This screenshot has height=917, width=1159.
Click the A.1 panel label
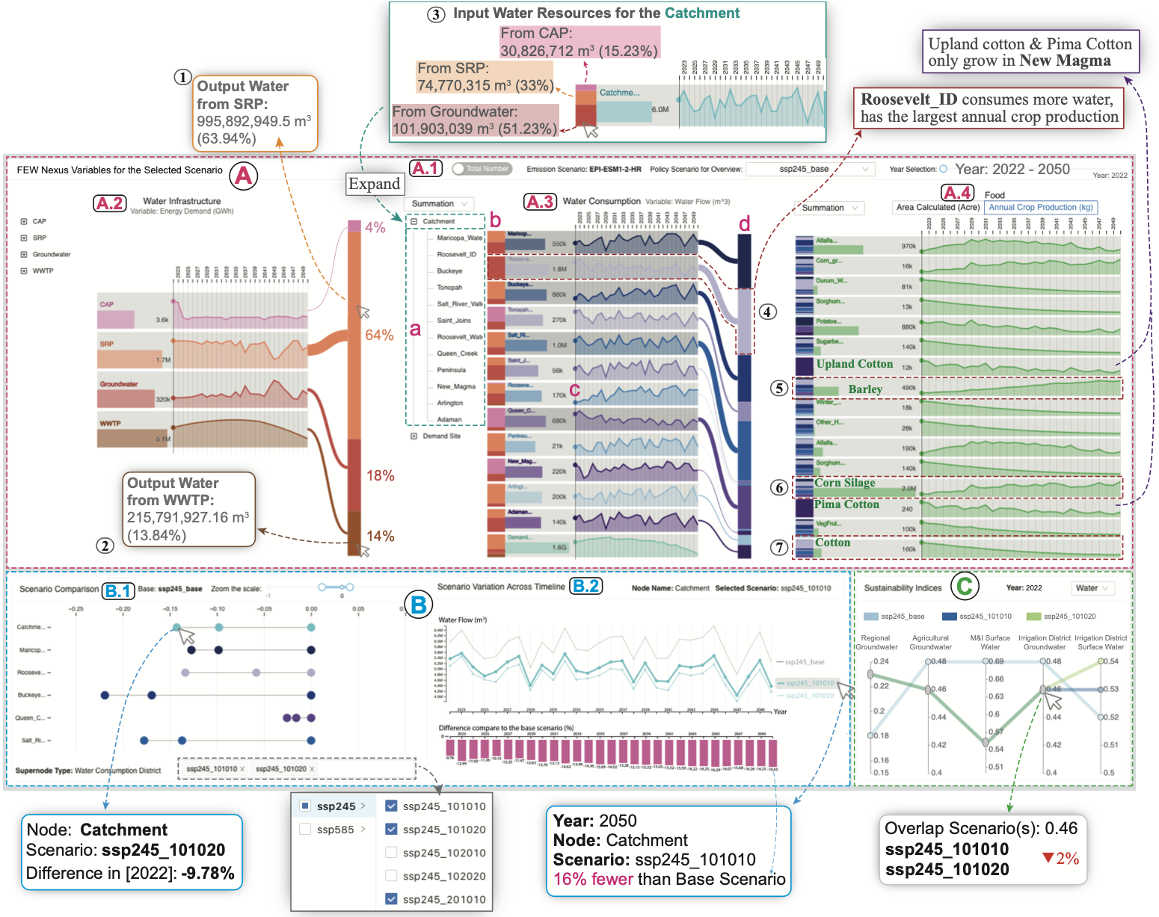tap(425, 168)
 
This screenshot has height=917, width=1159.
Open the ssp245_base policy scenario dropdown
tap(810, 169)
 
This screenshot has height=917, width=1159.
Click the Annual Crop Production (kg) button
tap(1040, 207)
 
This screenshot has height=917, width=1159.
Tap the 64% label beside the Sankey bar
tap(379, 335)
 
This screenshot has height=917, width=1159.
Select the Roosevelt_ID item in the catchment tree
tap(456, 254)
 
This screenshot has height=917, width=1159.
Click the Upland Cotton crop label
tap(854, 364)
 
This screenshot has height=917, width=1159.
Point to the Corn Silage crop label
tap(844, 483)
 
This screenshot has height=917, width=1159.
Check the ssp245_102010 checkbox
tap(391, 853)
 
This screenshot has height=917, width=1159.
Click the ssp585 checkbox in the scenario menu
tap(305, 830)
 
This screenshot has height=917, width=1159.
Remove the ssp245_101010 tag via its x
tap(242, 769)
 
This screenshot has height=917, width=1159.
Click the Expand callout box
tap(374, 184)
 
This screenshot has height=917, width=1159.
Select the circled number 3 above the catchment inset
tap(436, 14)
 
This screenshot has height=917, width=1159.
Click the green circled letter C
tap(965, 585)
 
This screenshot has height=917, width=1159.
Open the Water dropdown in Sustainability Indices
tap(1092, 588)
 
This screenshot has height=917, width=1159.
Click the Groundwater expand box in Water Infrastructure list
tap(24, 254)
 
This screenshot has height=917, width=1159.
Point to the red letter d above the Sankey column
tap(743, 223)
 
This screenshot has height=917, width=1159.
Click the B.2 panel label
tap(586, 586)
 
